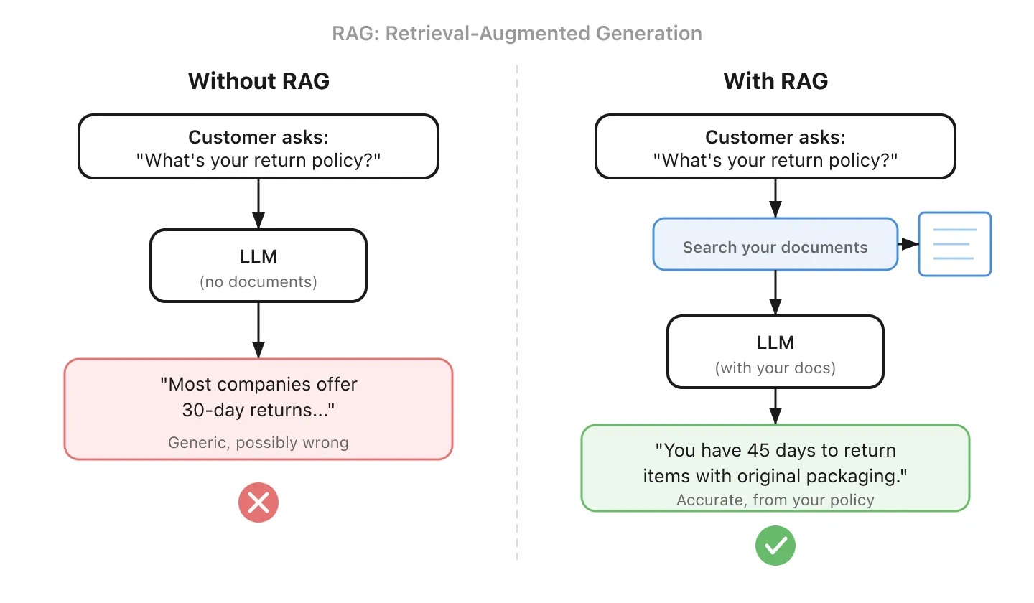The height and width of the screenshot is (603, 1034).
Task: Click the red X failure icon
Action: click(x=258, y=502)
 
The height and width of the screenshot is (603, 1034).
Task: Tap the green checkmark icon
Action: click(x=775, y=546)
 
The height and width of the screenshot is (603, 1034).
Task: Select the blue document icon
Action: click(x=955, y=244)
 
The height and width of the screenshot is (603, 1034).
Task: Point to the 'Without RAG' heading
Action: click(x=258, y=80)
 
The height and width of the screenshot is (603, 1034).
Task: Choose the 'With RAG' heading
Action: click(x=775, y=80)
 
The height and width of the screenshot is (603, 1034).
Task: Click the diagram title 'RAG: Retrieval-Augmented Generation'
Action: click(x=517, y=33)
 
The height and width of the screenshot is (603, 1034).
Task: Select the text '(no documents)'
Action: click(x=258, y=281)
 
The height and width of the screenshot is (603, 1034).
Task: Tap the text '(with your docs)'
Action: click(x=775, y=368)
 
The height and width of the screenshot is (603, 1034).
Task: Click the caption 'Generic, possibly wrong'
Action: click(x=258, y=442)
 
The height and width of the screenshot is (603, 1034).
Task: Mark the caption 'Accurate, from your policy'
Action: click(x=775, y=500)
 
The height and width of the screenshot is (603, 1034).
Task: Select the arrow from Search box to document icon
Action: click(x=908, y=244)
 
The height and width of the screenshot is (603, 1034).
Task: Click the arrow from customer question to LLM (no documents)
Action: click(x=258, y=204)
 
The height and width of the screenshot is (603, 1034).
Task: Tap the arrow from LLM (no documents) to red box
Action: click(x=258, y=330)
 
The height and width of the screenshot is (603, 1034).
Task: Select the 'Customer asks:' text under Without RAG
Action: click(x=258, y=137)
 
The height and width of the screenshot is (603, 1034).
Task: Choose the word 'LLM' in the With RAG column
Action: click(x=775, y=342)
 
